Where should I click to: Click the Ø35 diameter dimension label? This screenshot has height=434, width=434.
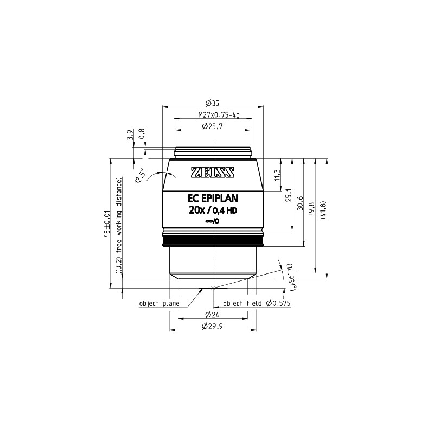[212, 103]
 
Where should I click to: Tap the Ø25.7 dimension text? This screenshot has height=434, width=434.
[212, 126]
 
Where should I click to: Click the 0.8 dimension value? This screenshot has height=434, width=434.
[142, 135]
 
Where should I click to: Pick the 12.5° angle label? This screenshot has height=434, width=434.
[139, 176]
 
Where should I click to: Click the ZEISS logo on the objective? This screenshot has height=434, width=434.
[213, 172]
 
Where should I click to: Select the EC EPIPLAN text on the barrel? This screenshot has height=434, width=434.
[213, 199]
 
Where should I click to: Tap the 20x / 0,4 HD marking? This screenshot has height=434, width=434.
[213, 210]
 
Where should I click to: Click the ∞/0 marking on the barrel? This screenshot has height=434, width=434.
[213, 221]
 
